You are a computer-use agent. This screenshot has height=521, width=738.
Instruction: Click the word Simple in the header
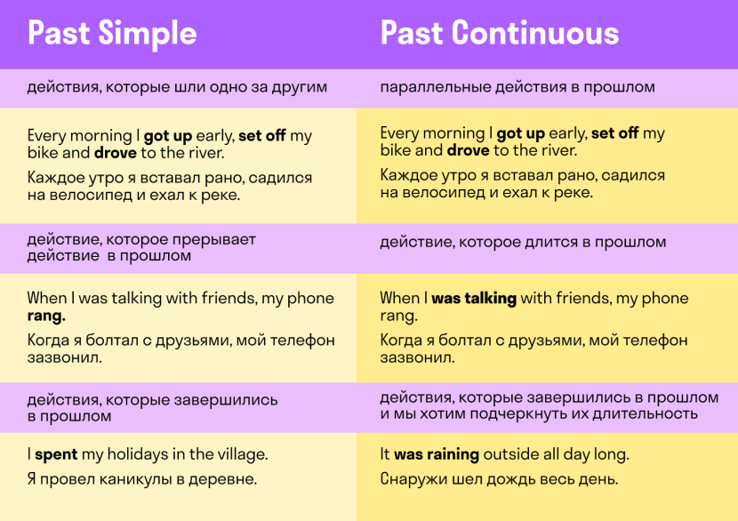(148, 34)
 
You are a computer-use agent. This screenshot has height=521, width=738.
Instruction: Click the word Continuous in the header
(535, 33)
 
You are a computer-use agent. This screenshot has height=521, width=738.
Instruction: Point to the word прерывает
(213, 240)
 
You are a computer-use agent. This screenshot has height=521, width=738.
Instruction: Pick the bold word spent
(56, 454)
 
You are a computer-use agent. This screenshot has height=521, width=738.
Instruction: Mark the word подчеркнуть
(518, 414)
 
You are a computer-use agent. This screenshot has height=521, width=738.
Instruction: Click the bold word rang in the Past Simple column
(46, 317)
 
